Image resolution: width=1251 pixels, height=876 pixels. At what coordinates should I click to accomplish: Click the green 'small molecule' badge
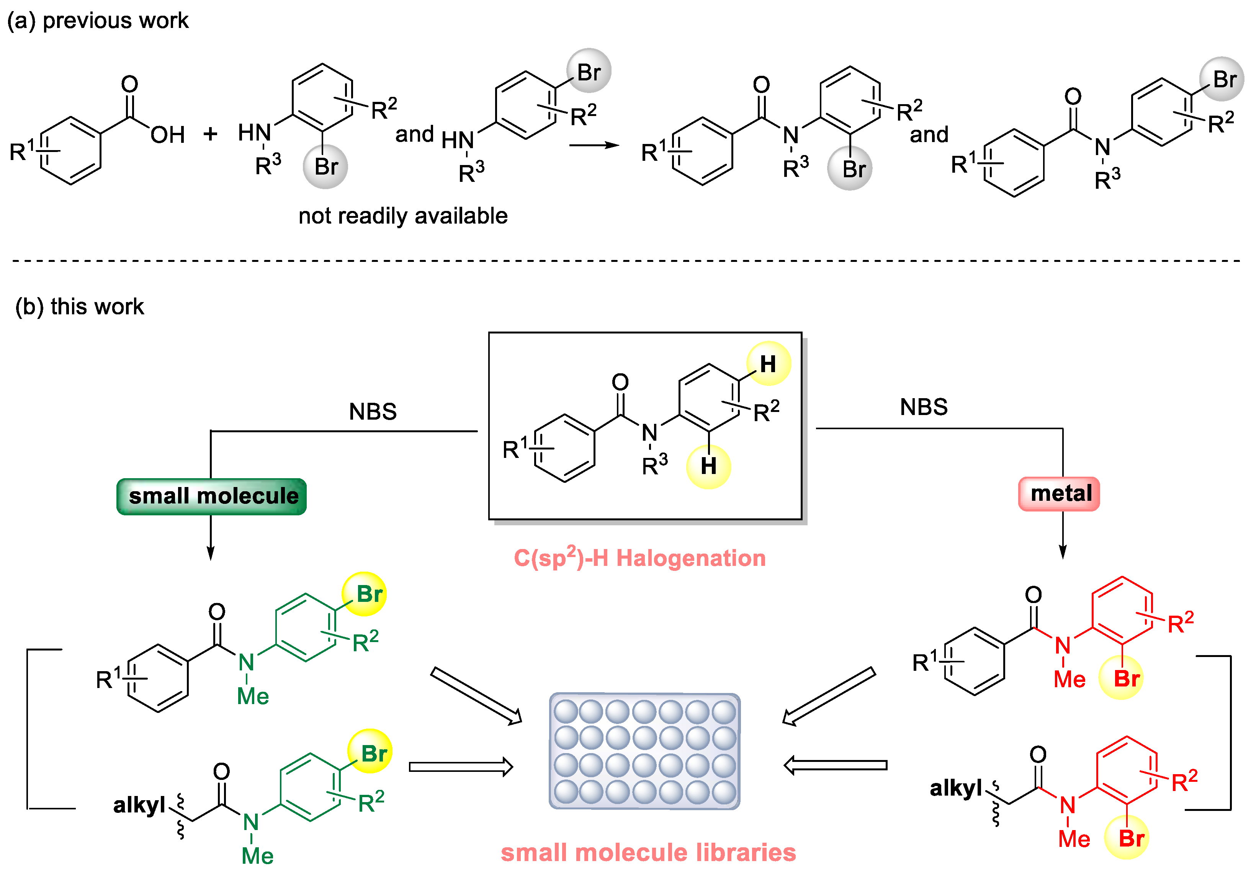point(212,496)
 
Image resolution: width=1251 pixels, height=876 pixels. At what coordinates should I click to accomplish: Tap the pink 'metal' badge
point(1059,494)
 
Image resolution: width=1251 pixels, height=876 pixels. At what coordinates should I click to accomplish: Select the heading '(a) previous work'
point(98,21)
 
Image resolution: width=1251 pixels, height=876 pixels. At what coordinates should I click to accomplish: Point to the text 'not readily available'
point(403,216)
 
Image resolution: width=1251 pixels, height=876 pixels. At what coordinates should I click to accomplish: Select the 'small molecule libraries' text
point(648,853)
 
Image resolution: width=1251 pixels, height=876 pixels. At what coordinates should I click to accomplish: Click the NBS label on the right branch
point(924,407)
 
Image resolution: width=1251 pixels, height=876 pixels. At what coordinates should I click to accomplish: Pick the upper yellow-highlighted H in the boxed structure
point(768,364)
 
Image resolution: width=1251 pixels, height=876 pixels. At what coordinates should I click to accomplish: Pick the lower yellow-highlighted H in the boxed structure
point(708,466)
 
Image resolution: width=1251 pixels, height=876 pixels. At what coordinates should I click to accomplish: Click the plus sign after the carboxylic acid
point(210,134)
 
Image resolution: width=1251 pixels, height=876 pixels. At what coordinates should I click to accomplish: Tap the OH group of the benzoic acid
point(168,135)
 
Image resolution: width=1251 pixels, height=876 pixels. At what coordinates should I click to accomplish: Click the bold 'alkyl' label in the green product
point(139,805)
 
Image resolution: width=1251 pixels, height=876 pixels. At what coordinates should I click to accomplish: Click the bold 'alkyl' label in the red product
point(955,788)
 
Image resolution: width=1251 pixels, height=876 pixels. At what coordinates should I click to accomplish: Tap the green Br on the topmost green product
point(370,594)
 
